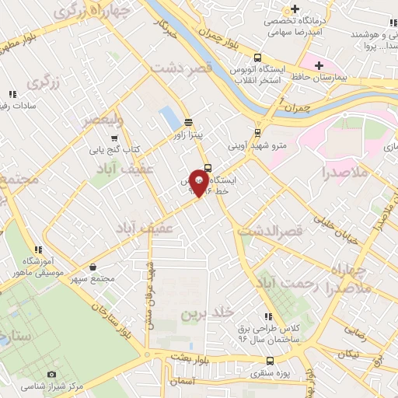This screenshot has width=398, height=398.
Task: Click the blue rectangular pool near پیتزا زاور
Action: coord(167,119)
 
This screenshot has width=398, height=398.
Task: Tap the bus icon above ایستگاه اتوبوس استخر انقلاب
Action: coord(257,57)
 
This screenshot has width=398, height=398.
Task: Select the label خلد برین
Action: coord(208,313)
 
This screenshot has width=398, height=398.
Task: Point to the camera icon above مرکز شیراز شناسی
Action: coord(52,374)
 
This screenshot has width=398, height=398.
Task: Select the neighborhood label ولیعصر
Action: coord(103,120)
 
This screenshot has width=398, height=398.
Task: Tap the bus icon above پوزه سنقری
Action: coord(270,361)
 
